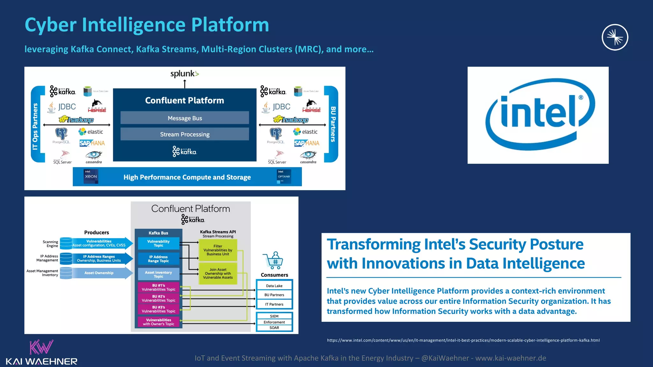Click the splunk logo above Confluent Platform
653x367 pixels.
184,74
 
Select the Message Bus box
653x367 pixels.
185,118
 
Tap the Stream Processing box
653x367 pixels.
185,134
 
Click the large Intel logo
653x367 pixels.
538,115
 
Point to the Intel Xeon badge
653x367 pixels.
91,176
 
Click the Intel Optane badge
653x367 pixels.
284,176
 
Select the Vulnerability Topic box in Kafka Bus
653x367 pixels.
158,243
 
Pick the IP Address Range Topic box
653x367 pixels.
158,259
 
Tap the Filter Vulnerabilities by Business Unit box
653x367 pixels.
218,250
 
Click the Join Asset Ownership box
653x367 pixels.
218,273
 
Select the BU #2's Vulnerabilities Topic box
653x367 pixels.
158,298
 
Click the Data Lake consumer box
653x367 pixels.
274,286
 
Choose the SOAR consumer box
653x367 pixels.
274,328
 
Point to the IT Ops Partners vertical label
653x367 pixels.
35,126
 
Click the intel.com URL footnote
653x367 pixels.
463,340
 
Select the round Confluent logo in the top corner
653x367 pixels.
615,37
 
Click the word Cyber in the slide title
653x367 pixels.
51,25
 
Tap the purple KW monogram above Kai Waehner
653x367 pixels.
41,347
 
